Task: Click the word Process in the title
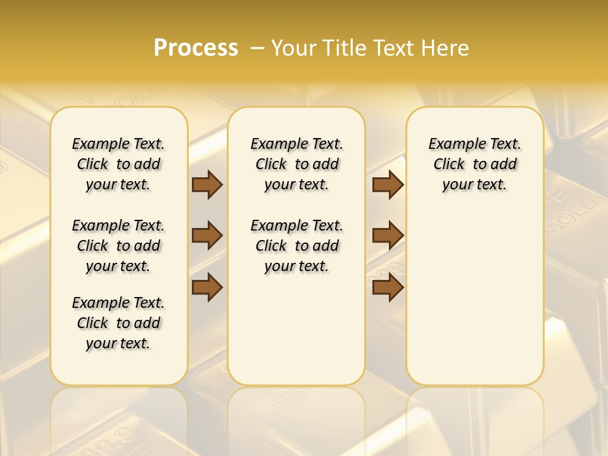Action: (x=196, y=47)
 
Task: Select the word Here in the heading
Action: (x=446, y=47)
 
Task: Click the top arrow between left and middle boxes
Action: (x=207, y=184)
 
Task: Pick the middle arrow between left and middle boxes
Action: (x=207, y=236)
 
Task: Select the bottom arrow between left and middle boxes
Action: (x=207, y=287)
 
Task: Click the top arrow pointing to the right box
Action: (x=388, y=184)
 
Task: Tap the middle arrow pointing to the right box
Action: (x=388, y=236)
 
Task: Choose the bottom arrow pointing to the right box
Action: (x=388, y=287)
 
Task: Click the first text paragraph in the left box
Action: (x=118, y=164)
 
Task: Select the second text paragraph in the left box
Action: (x=118, y=246)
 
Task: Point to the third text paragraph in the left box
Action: (x=118, y=323)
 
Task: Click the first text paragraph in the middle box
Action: (x=296, y=164)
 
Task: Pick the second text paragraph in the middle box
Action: (x=296, y=246)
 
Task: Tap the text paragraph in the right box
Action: (x=474, y=164)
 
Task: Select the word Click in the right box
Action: (x=449, y=165)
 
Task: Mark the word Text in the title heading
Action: (x=392, y=47)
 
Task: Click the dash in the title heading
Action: (x=257, y=47)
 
